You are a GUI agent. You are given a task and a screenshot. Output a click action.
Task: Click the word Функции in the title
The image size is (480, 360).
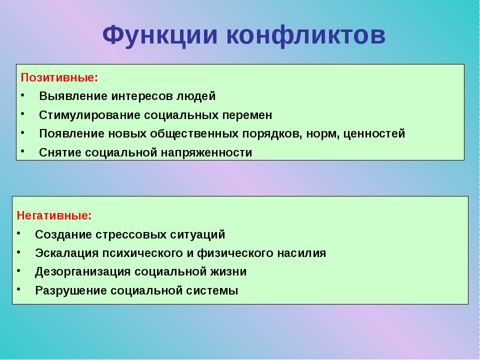click(160, 34)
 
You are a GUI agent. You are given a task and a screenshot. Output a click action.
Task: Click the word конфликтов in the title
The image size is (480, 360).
click(306, 34)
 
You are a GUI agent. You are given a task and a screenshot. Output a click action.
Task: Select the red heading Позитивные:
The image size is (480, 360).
click(59, 77)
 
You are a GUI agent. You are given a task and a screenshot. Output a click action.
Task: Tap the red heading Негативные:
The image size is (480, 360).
click(54, 215)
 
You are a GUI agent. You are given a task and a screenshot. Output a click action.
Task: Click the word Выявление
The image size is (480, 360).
click(73, 96)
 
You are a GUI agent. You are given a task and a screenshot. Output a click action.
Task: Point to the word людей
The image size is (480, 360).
click(196, 96)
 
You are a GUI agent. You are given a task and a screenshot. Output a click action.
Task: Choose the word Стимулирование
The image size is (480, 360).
click(89, 115)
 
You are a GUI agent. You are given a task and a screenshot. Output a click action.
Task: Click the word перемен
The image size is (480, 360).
click(247, 115)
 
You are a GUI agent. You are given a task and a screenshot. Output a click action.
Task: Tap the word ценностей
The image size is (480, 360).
click(374, 134)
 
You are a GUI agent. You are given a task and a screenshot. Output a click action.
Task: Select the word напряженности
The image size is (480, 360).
click(206, 153)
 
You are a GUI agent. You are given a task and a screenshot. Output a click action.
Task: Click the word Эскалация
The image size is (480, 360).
click(66, 253)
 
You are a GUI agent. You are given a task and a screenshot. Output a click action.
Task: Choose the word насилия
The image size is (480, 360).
click(301, 253)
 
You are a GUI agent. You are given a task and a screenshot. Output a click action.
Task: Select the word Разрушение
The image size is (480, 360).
click(71, 290)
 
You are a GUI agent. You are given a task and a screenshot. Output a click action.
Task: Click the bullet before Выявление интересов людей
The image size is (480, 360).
click(22, 95)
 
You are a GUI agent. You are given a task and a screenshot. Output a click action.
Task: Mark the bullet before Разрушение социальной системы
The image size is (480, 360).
click(18, 289)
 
